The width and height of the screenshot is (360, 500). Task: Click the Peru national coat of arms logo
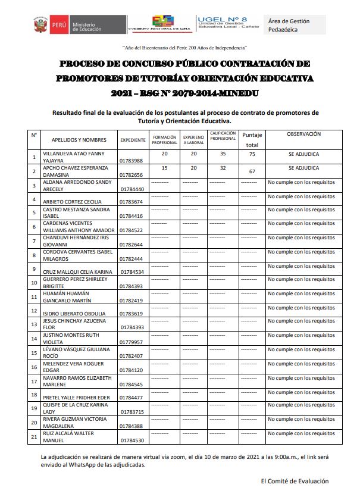tap(41, 25)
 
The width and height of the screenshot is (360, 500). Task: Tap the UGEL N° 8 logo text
tap(221, 20)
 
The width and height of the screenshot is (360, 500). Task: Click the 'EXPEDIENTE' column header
tap(133, 140)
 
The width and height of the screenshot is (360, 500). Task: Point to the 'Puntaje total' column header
tap(252, 140)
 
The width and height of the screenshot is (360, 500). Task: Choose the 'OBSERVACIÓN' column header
tap(303, 135)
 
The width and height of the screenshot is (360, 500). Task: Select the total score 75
tap(252, 154)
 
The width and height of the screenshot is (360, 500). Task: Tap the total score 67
tap(252, 172)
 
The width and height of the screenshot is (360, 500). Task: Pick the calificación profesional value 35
tap(223, 154)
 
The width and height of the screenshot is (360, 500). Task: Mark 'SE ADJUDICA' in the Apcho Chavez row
tap(303, 168)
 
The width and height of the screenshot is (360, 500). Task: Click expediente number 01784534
tap(132, 272)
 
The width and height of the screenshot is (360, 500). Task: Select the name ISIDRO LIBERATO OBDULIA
tap(74, 314)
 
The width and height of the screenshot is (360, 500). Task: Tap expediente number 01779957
tap(132, 342)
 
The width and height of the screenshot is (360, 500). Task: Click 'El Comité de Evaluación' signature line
tap(295, 481)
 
